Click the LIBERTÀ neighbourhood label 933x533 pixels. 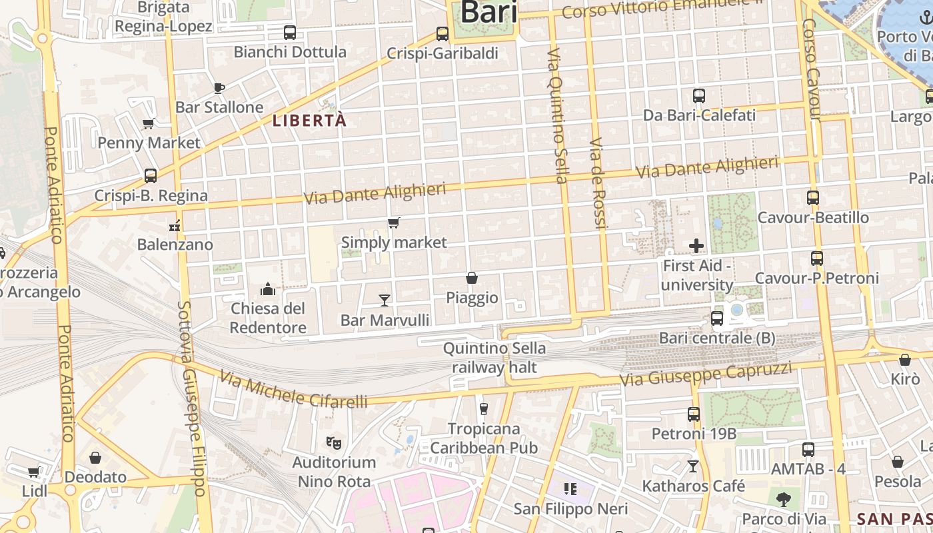310,121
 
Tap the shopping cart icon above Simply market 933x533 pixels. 394,223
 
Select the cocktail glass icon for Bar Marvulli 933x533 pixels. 385,300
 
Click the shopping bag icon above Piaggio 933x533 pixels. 472,277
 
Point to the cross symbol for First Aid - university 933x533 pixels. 696,246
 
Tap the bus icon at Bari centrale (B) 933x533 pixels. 717,318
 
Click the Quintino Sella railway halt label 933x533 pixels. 494,357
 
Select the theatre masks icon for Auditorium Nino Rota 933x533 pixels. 334,442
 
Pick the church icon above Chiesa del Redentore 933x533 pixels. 268,288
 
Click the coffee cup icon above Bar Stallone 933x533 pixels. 219,87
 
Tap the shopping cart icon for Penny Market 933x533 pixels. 149,123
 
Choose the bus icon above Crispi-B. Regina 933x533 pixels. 151,176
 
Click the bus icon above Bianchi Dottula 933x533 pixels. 290,32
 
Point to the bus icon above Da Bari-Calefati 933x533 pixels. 699,96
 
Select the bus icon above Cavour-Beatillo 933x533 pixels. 813,198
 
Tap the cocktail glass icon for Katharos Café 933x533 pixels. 693,466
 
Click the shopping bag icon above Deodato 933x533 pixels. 95,458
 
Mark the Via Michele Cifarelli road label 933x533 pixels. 293,390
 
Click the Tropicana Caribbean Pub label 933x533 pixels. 484,438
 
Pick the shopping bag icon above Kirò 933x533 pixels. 904,360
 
